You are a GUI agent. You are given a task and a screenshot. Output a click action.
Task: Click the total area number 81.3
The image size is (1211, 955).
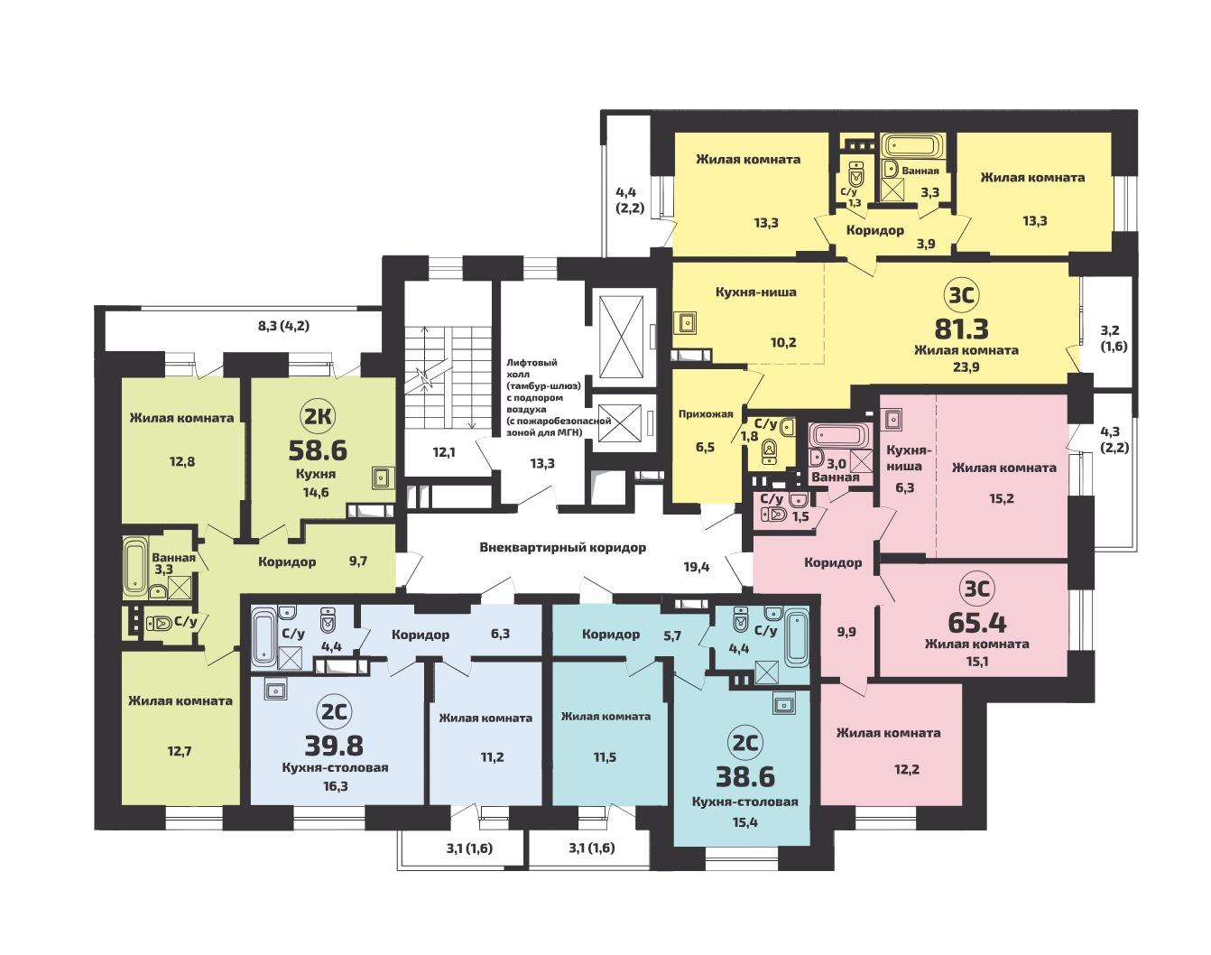(x=961, y=329)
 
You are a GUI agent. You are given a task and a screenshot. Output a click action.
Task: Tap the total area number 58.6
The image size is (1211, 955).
(x=318, y=450)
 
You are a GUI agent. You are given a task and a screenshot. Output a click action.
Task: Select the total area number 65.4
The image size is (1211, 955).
(x=977, y=623)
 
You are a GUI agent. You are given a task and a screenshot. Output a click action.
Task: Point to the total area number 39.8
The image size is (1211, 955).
(x=334, y=746)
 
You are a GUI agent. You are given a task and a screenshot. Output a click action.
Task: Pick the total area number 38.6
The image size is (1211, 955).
(x=745, y=777)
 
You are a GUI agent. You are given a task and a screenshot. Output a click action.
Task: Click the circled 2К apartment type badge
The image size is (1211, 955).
(x=318, y=417)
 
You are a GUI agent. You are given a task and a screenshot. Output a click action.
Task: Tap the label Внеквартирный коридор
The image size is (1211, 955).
(x=563, y=547)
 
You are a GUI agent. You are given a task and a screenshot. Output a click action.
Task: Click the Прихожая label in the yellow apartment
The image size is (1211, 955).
(x=706, y=414)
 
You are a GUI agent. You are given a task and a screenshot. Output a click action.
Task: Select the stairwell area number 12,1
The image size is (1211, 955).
(x=444, y=452)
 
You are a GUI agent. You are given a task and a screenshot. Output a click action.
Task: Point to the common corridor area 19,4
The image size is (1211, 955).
(x=697, y=567)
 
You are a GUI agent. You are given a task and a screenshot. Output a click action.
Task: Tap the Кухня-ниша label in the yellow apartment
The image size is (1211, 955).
(x=756, y=292)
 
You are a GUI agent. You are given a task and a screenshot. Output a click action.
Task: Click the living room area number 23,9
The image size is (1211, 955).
(x=966, y=367)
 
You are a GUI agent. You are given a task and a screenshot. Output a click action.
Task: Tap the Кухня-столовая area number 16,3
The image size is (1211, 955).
(x=336, y=786)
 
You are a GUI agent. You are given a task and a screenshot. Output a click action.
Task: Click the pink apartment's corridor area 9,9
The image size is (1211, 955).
(x=846, y=632)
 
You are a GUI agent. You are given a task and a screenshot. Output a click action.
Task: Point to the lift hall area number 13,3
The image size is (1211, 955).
(x=542, y=463)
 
